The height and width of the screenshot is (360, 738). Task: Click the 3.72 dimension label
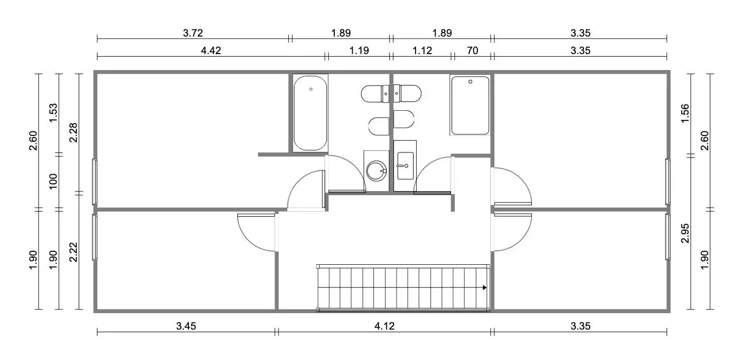point(193,33)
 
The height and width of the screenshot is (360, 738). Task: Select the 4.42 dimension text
point(211,50)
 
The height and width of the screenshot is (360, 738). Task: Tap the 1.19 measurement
point(359,50)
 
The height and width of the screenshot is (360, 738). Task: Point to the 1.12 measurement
point(422,50)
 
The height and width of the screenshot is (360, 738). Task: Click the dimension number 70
point(472,50)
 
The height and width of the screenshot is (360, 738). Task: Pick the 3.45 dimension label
point(186,325)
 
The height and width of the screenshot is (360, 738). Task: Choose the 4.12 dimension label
point(385,325)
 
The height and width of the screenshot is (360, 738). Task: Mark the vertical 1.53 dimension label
point(53,113)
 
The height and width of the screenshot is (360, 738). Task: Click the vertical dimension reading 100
point(53,181)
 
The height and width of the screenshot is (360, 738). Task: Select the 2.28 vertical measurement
point(73,132)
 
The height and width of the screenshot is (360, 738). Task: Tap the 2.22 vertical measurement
point(73,252)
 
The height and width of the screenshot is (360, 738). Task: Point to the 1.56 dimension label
point(684,113)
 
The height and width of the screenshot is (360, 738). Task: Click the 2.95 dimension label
point(684,233)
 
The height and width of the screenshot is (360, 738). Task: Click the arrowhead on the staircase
point(485,287)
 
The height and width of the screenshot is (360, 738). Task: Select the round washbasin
point(376,170)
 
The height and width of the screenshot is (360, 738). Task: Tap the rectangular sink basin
point(405,166)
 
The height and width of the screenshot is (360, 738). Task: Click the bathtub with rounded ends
point(311,113)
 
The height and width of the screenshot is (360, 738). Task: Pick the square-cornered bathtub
point(470,106)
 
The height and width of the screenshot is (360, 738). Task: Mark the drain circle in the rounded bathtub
point(311,89)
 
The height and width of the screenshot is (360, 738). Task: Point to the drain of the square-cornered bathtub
point(470,81)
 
